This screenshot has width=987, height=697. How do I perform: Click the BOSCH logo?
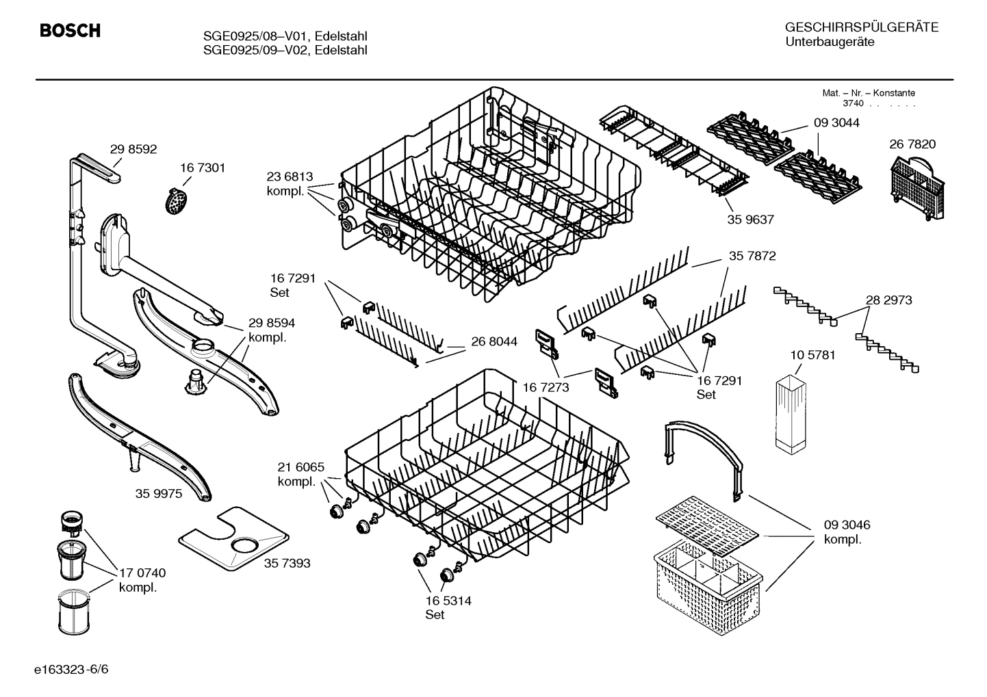[70, 31]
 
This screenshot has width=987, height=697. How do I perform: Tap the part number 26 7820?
[912, 144]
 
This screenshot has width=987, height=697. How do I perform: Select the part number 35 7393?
[287, 563]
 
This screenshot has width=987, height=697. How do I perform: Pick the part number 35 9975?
[159, 493]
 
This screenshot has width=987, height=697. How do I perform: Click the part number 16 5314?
[448, 601]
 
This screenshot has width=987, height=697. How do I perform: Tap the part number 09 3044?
[836, 123]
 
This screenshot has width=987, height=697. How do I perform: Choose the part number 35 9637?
[751, 220]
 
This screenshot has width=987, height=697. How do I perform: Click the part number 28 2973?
[888, 300]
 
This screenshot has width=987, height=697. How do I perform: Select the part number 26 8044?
[493, 341]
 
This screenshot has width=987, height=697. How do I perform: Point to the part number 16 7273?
[546, 387]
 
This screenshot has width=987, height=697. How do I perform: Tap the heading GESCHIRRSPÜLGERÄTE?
[861, 27]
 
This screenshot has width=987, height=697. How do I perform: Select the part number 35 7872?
[752, 256]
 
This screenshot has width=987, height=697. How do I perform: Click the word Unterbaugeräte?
[830, 42]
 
